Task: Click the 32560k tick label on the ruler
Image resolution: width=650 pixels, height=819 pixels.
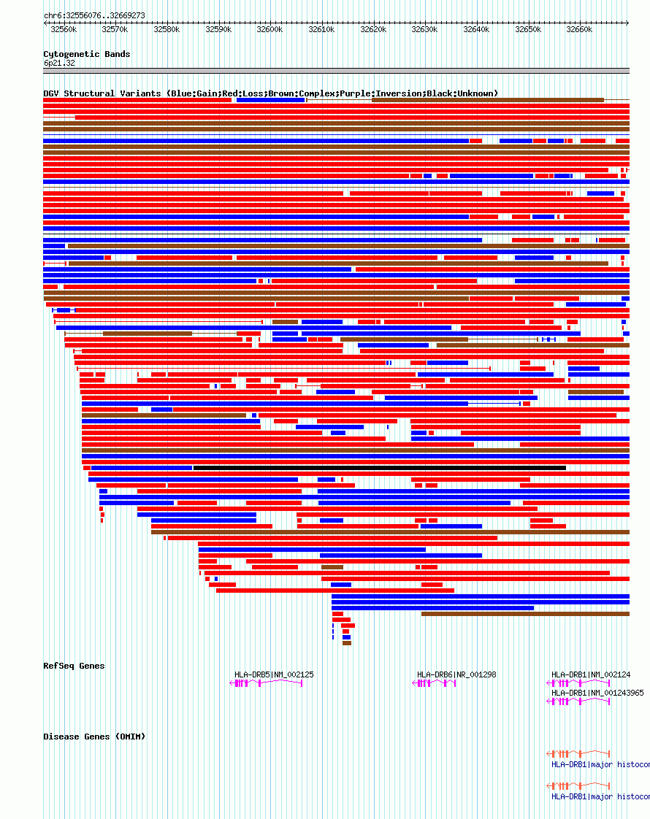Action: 64,29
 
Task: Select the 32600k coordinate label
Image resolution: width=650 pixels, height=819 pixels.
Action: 269,29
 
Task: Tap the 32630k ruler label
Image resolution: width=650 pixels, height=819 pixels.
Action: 424,29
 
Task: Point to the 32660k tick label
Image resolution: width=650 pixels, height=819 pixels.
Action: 579,29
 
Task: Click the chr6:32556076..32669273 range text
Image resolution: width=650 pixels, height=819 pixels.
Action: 94,15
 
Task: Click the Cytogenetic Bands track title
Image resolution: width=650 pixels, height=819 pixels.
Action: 86,54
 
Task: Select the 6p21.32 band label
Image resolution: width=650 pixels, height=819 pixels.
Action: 59,64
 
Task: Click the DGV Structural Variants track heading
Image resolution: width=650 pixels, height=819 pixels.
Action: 270,93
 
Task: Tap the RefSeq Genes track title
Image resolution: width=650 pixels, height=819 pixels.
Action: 74,666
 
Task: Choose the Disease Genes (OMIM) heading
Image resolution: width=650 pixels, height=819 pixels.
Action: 94,737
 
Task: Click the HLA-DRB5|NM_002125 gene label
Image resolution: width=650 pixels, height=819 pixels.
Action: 274,674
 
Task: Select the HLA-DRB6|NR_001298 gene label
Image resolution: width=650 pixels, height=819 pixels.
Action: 456,674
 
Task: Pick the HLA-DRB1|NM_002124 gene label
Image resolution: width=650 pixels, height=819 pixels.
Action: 591,674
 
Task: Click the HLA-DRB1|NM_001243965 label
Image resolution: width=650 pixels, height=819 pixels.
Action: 597,693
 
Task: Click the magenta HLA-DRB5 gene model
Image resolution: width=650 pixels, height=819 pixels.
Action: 267,683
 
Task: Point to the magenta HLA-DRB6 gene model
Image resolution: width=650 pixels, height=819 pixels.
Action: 435,683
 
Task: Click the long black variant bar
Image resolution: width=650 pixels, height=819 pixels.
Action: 379,468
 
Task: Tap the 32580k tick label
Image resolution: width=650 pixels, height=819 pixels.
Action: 167,29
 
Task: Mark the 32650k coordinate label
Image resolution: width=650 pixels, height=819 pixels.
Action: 528,29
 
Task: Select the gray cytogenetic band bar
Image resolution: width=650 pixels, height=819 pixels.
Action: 336,71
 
